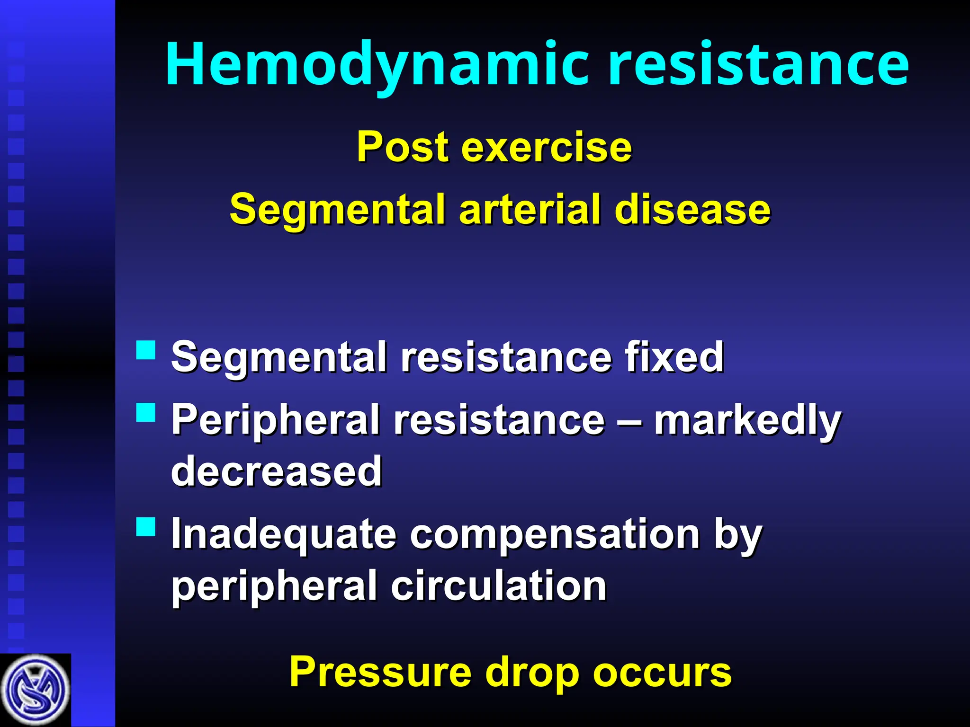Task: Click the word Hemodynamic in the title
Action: click(377, 64)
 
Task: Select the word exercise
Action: click(546, 147)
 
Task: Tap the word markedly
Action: click(747, 420)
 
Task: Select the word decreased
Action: click(277, 471)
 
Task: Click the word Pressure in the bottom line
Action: click(380, 672)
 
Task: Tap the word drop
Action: click(532, 672)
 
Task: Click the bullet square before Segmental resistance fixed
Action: click(146, 350)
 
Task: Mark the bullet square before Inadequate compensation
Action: click(146, 526)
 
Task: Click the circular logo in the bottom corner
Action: click(35, 690)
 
